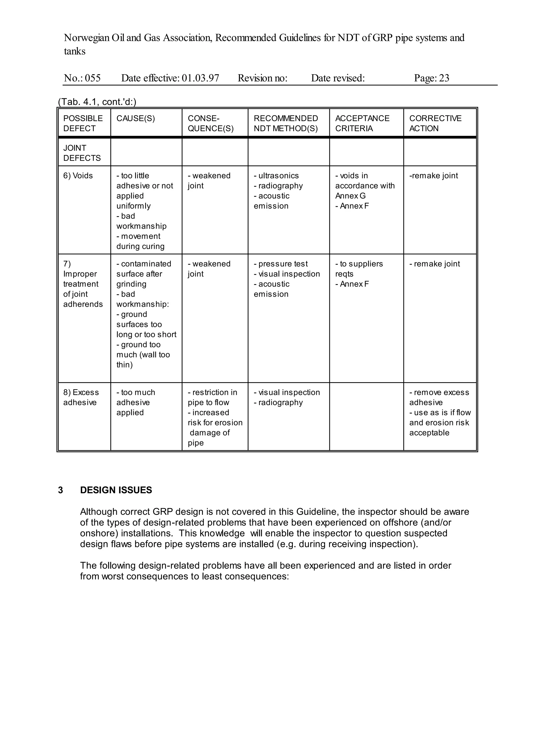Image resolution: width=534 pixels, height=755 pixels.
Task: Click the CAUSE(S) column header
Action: pyautogui.click(x=136, y=118)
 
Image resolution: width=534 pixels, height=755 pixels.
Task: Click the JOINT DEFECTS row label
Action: pyautogui.click(x=82, y=153)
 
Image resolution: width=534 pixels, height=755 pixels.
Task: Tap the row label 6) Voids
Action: pyautogui.click(x=78, y=176)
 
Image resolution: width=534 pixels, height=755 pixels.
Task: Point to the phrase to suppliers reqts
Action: pyautogui.click(x=359, y=269)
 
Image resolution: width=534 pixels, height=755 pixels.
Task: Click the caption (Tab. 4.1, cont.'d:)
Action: pyautogui.click(x=97, y=102)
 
